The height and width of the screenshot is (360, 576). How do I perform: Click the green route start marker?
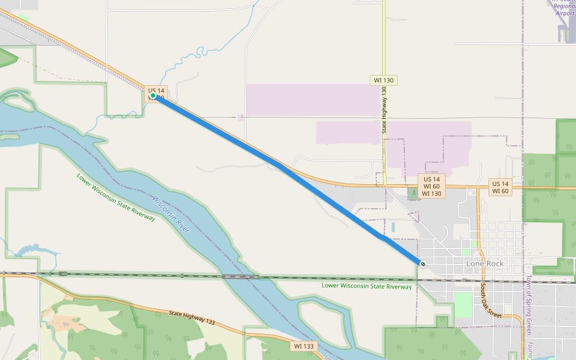coord(153,95)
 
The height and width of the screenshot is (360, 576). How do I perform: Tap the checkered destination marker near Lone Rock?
coord(423,264)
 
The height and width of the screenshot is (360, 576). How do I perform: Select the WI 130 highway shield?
coord(384,80)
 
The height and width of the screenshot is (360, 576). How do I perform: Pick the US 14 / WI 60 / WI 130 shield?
coord(431,186)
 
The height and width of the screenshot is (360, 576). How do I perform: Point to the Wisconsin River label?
coord(171,214)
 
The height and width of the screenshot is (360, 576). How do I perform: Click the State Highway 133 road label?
coord(192,318)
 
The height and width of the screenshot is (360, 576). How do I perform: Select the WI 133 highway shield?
coord(304,346)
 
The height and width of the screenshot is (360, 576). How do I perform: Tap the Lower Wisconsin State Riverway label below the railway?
coord(367,286)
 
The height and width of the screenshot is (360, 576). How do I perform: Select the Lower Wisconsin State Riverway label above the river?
coord(116,197)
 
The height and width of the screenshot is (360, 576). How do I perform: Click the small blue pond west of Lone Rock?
coord(392,227)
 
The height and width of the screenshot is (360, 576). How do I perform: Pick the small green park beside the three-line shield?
coord(412,194)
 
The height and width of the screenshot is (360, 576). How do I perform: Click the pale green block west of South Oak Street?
coord(463,304)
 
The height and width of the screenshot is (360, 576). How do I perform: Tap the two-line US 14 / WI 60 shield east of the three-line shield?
coord(500,187)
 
